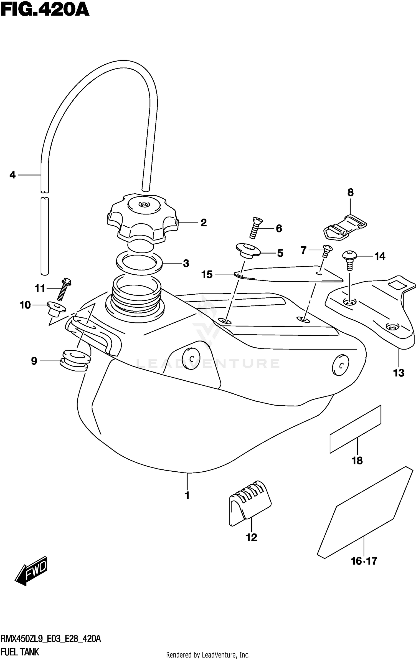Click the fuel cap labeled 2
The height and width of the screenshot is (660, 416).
[x=142, y=219]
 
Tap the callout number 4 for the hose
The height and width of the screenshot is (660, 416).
[x=12, y=175]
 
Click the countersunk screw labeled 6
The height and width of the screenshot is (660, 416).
[x=256, y=228]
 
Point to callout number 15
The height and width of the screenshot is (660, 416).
[x=207, y=274]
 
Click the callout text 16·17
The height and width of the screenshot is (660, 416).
[x=364, y=561]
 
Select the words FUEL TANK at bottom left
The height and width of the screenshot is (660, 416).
[x=20, y=652]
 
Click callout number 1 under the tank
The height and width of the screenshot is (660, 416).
[x=187, y=496]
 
